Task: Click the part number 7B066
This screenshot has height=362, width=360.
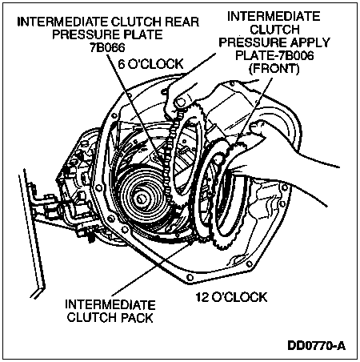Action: click(107, 48)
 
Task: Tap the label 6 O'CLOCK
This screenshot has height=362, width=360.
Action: click(150, 64)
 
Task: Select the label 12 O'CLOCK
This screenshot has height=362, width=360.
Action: click(231, 297)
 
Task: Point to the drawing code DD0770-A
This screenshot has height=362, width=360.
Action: click(316, 346)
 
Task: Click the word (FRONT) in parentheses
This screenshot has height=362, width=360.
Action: click(274, 69)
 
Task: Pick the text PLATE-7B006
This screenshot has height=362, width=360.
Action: click(274, 55)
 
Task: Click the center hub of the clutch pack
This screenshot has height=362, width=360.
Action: click(140, 199)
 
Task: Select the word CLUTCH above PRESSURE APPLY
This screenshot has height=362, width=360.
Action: click(274, 30)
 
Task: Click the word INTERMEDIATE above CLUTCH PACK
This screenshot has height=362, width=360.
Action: click(110, 305)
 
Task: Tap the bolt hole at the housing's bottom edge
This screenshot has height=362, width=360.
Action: click(190, 278)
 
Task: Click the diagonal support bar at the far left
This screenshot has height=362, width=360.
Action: click(31, 230)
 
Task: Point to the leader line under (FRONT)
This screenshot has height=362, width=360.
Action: click(254, 111)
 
